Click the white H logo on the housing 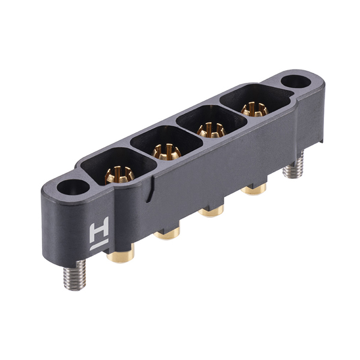coord(99,233)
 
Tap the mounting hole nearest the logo coord(73,187)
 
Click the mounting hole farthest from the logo coord(296,82)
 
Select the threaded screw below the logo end coord(75,275)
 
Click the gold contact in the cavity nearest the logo coord(119,175)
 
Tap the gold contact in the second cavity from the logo coord(166,152)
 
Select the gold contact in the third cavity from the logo coord(211,130)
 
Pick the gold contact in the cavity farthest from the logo coord(254,109)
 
